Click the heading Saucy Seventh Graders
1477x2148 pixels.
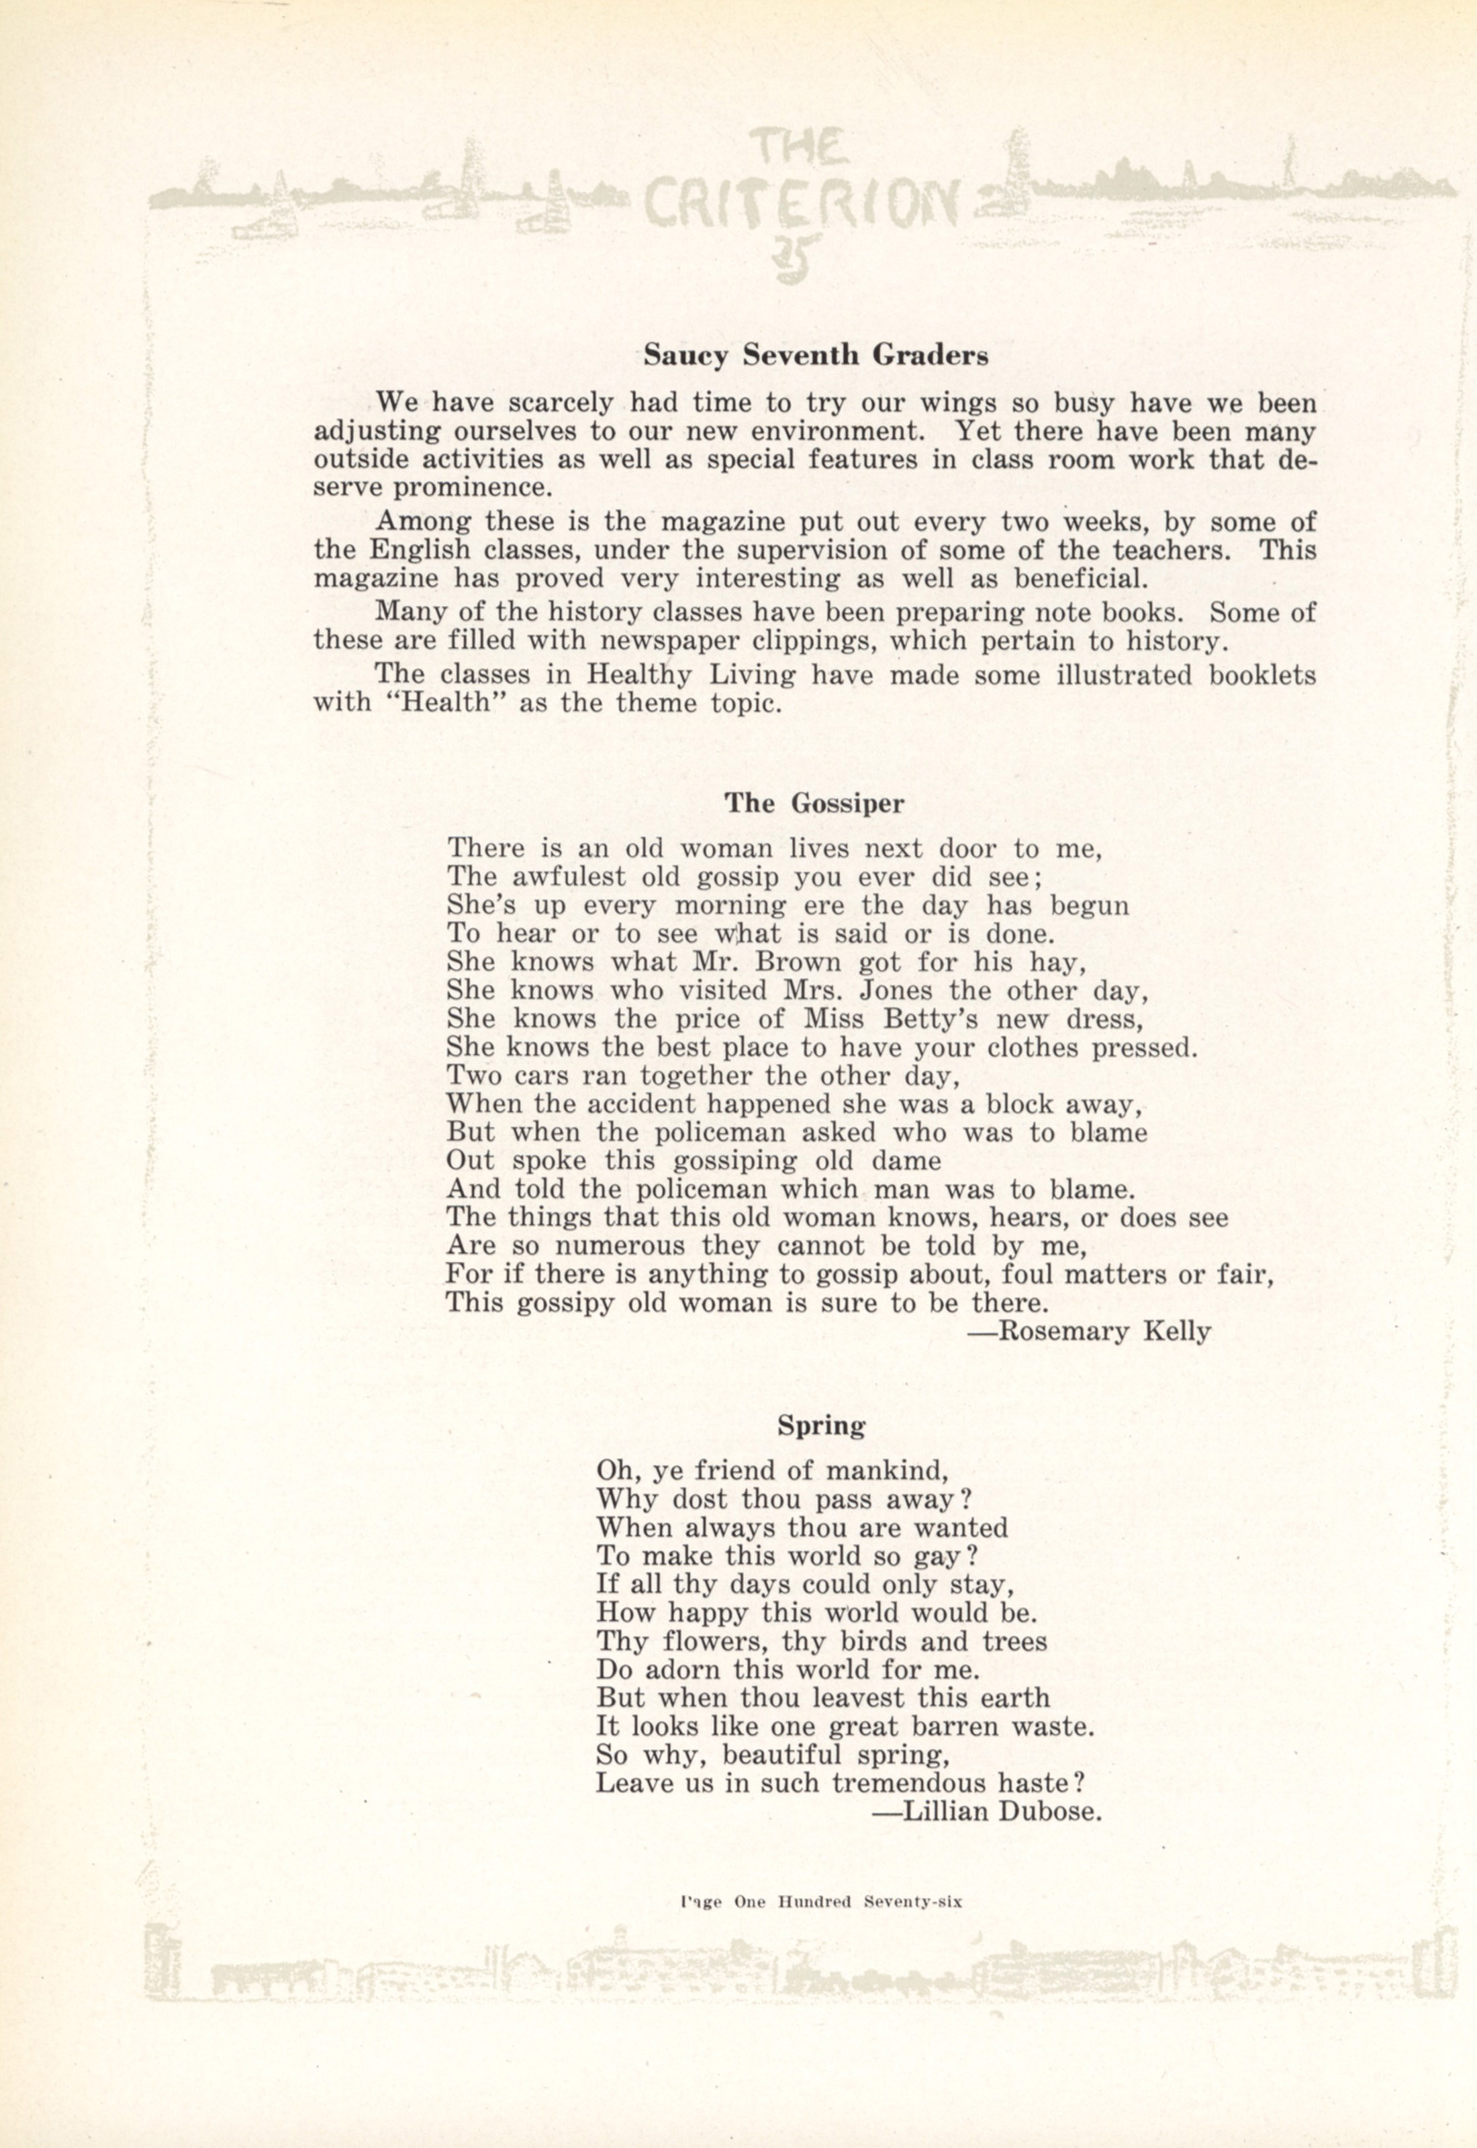[815, 356]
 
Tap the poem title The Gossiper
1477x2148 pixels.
[814, 802]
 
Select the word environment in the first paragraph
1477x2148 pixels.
[837, 431]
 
